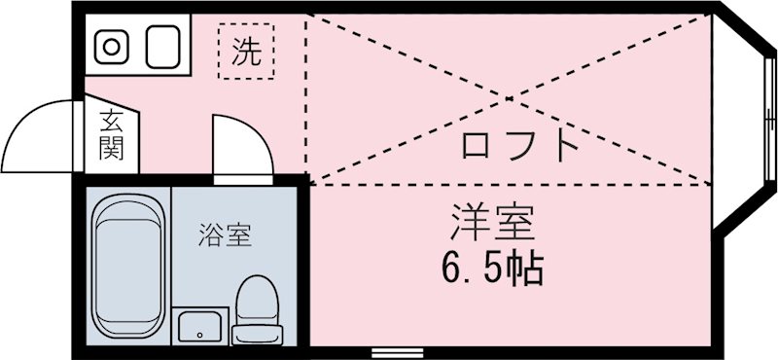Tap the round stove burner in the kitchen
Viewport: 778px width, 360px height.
(x=111, y=46)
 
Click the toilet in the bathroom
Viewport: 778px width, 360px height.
(x=257, y=309)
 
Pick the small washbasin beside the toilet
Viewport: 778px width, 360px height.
(x=201, y=326)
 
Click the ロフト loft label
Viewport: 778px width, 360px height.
(x=520, y=146)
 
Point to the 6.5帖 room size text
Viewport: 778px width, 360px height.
(x=492, y=266)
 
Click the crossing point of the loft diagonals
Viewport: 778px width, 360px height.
(x=508, y=97)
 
